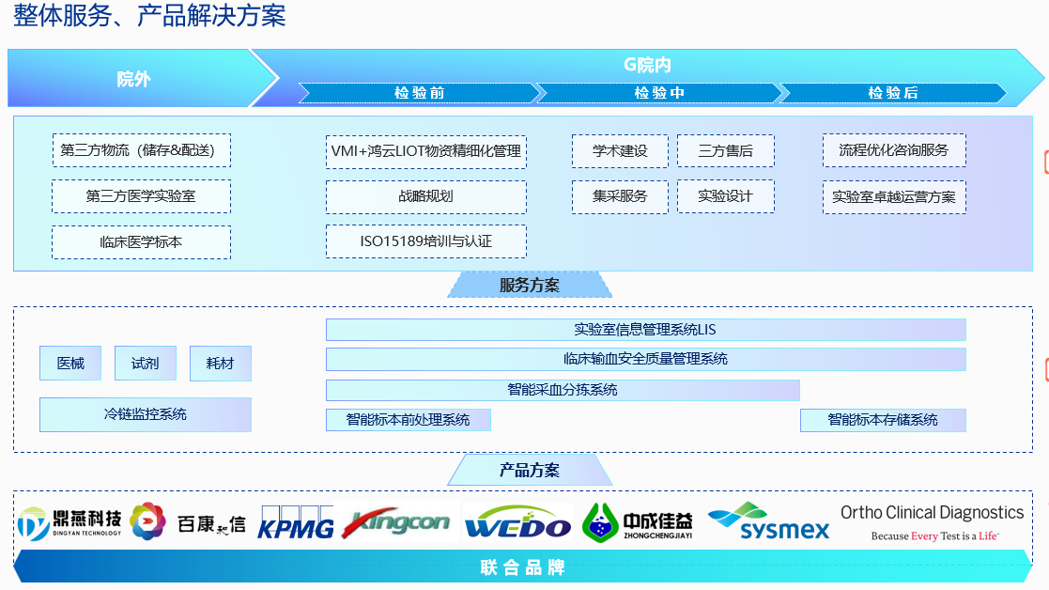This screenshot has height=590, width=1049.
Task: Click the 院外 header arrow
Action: (133, 79)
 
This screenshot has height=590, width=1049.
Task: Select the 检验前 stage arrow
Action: (419, 93)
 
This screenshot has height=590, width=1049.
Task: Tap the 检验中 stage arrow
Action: (658, 93)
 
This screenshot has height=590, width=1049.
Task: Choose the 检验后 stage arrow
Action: (892, 93)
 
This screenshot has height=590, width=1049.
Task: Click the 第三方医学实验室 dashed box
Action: (141, 196)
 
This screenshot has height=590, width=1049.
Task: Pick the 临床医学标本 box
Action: (141, 241)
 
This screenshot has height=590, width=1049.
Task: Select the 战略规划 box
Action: (425, 196)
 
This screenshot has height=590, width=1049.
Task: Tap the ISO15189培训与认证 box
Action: (425, 241)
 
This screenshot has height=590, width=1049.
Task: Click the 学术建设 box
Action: (620, 150)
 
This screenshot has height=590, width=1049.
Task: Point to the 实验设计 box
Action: (725, 196)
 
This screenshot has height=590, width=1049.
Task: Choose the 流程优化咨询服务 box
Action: (893, 150)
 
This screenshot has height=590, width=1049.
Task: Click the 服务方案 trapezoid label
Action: (529, 285)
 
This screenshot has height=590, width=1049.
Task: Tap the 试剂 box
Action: (146, 364)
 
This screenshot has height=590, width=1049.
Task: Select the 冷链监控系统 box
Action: (145, 414)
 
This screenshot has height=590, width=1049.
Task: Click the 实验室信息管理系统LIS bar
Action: (645, 330)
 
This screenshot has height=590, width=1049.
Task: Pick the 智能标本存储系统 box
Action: (882, 420)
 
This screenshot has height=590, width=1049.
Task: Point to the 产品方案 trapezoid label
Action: (529, 470)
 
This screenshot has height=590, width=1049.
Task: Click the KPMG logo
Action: (296, 524)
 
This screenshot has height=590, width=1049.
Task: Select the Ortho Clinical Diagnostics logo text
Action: (932, 513)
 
